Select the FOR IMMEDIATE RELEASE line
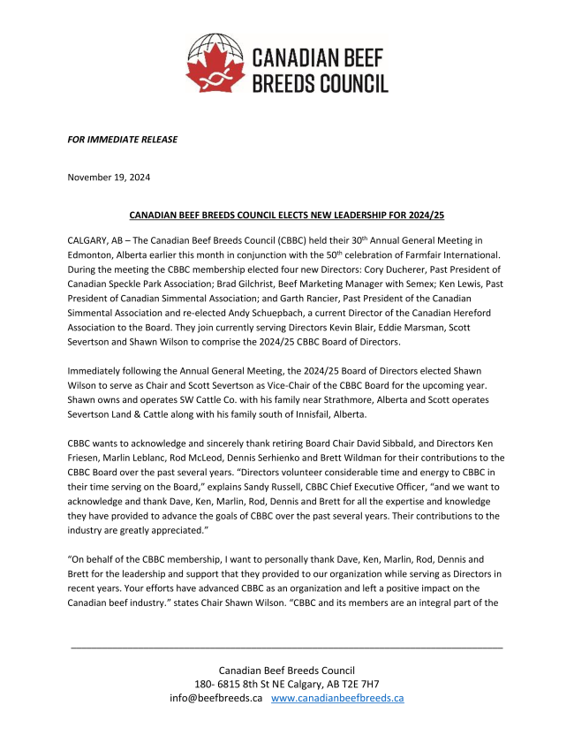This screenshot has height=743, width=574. click(123, 139)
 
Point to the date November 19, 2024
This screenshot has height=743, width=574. click(109, 177)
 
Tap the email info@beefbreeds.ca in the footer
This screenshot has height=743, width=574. click(215, 697)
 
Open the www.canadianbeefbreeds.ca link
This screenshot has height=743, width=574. click(337, 697)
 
